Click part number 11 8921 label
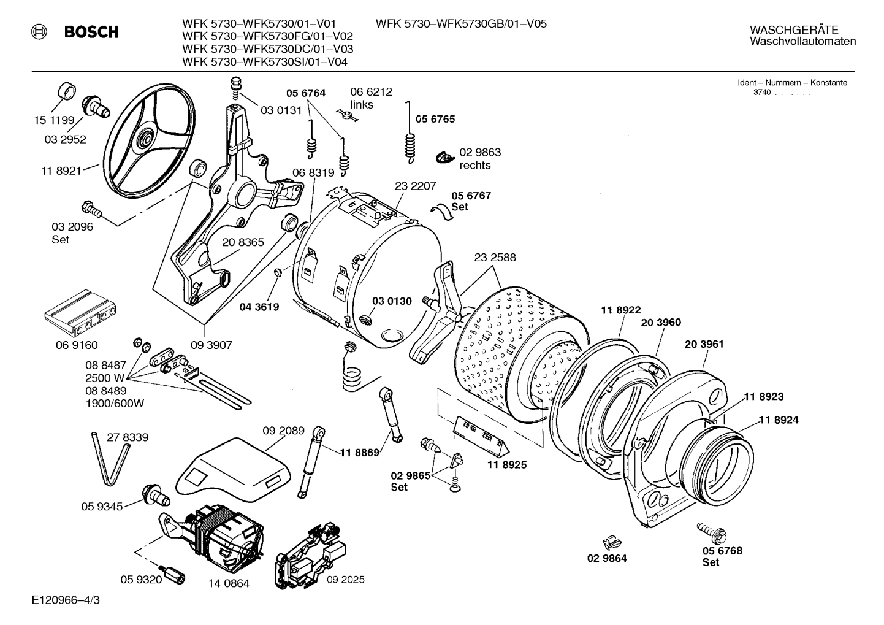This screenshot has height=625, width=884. click(x=61, y=171)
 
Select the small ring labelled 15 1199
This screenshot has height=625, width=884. click(x=67, y=90)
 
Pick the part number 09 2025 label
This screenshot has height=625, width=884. click(x=345, y=579)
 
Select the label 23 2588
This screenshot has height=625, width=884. click(x=495, y=258)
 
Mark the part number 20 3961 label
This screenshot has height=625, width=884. click(x=704, y=344)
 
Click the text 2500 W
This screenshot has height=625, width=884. click(x=105, y=377)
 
